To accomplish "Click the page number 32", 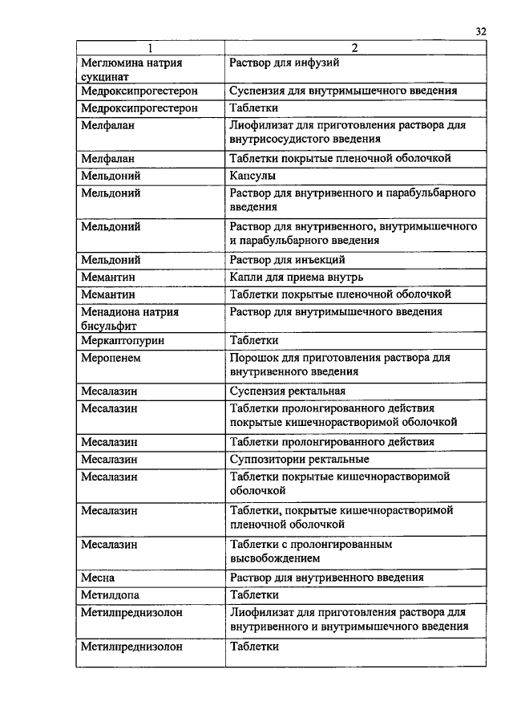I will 481,31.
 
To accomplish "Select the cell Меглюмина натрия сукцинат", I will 130,69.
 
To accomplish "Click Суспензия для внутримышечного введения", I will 343,91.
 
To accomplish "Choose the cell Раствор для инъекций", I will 287,260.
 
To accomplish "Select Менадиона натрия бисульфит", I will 130,318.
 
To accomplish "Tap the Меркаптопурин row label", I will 121,341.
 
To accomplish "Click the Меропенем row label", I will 111,358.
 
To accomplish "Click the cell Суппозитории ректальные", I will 299,460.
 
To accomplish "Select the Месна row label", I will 98,578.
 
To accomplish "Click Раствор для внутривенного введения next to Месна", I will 326,578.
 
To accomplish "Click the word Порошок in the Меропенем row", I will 252,358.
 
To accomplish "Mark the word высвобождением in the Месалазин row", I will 275,558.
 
